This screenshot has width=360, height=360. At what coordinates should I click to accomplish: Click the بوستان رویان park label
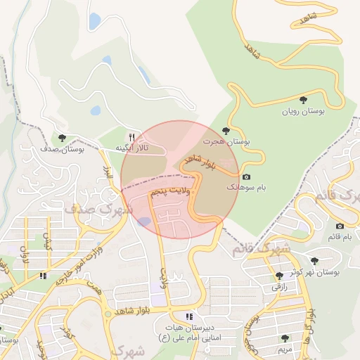[302, 111]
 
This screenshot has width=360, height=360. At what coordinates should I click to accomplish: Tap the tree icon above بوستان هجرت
[226, 130]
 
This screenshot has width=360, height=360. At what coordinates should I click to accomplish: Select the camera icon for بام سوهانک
[245, 177]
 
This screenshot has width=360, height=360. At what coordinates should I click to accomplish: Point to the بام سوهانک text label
[241, 188]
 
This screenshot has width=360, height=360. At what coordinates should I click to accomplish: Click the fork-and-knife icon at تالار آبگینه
[131, 137]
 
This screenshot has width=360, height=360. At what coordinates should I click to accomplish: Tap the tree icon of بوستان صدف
[63, 138]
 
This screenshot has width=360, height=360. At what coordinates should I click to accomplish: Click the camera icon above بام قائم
[340, 226]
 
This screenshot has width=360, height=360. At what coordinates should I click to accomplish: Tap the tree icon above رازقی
[280, 276]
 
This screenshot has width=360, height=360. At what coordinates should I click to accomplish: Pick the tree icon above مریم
[285, 338]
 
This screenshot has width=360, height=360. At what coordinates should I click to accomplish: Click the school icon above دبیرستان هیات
[188, 316]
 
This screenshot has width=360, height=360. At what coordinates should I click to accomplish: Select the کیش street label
[48, 243]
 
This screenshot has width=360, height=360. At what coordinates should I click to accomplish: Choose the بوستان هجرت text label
[226, 141]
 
